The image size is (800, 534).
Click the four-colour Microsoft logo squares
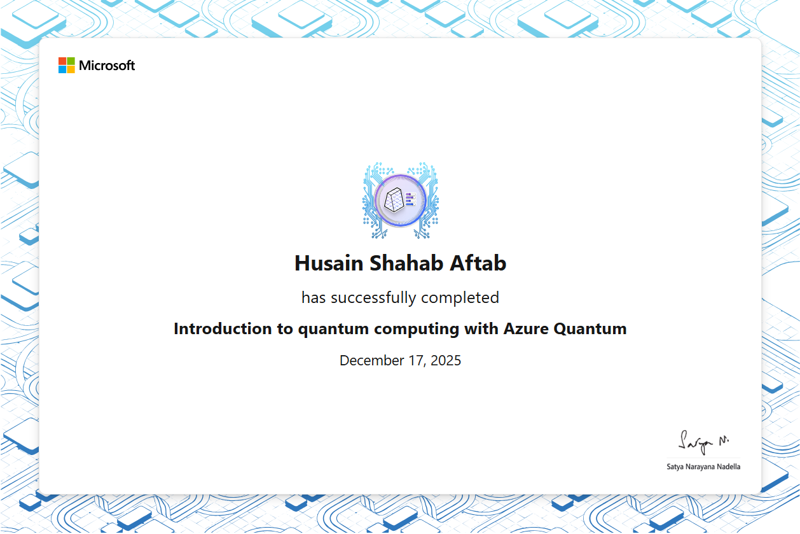point(67,65)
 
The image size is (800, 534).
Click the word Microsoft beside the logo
point(107,66)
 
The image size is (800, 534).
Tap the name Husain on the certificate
point(329,263)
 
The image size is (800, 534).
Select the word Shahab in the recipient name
point(406,263)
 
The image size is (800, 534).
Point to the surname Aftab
point(478,263)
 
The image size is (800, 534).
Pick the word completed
point(460,298)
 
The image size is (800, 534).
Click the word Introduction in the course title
point(223,328)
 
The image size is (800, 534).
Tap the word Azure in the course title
point(526,328)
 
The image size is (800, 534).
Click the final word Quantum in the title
point(590,329)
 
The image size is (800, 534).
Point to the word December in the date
point(372,360)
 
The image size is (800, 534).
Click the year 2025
point(446,360)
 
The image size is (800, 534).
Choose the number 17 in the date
point(416,360)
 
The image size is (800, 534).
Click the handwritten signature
point(703,442)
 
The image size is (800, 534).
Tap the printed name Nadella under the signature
point(729,467)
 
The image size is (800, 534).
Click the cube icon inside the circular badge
point(394,200)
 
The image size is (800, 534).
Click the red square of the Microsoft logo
point(62,60)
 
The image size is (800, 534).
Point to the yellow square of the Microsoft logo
point(71,69)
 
